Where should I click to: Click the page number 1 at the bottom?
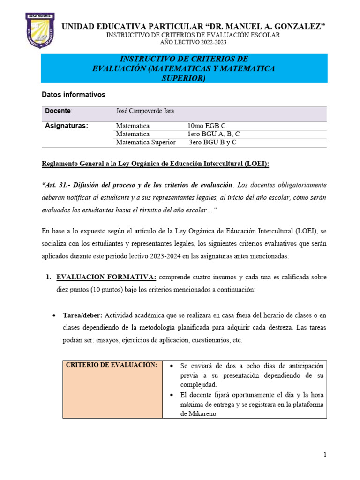click(x=324, y=455)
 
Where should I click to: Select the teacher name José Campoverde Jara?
click(x=145, y=111)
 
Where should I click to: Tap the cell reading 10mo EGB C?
click(x=207, y=126)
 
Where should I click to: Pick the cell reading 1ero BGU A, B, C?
click(x=214, y=134)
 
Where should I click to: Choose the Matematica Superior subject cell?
click(x=146, y=142)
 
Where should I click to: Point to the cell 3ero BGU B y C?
click(x=213, y=142)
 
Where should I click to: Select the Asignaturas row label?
click(x=66, y=126)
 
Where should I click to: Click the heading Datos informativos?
click(x=74, y=95)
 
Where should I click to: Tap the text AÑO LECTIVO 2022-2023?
click(x=193, y=43)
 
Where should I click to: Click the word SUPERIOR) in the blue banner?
click(x=184, y=78)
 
